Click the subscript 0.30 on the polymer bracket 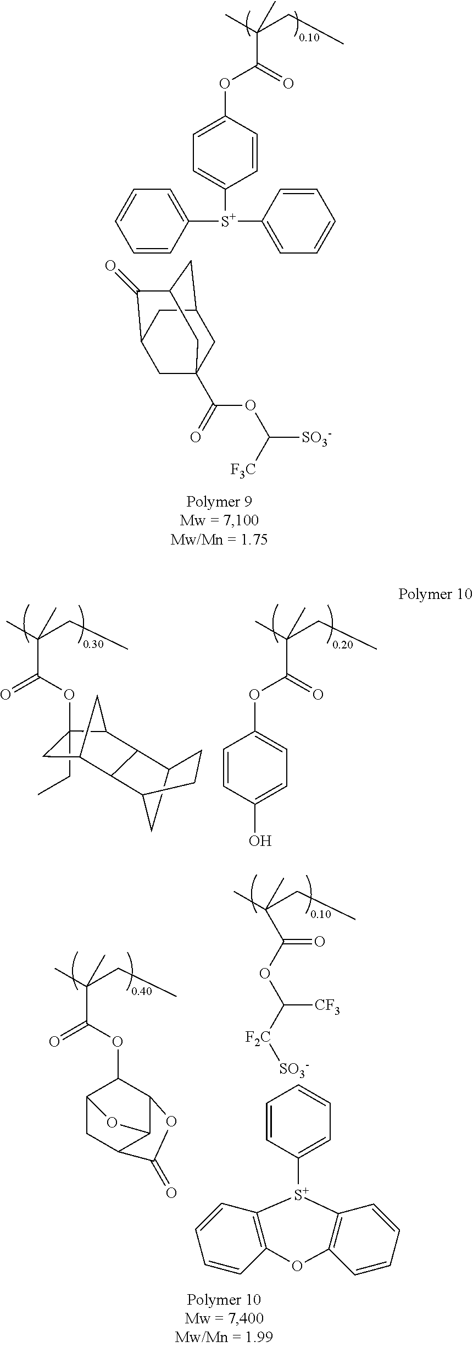pos(93,645)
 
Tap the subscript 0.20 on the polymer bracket pos(343,645)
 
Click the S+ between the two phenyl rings pos(227,222)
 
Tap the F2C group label pos(258,1038)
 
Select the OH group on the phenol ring pos(260,840)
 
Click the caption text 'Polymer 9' pos(219,502)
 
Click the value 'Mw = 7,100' pos(219,520)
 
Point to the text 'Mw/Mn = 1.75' pos(219,540)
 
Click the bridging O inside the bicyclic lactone pos(112,1122)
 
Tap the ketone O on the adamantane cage pos(110,268)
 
